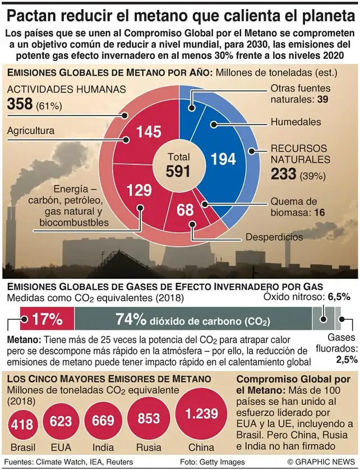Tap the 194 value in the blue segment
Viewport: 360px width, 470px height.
[x=223, y=159]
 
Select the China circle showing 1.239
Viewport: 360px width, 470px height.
[x=201, y=415]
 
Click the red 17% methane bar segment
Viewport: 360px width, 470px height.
[x=47, y=319]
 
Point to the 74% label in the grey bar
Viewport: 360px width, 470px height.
[x=131, y=319]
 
